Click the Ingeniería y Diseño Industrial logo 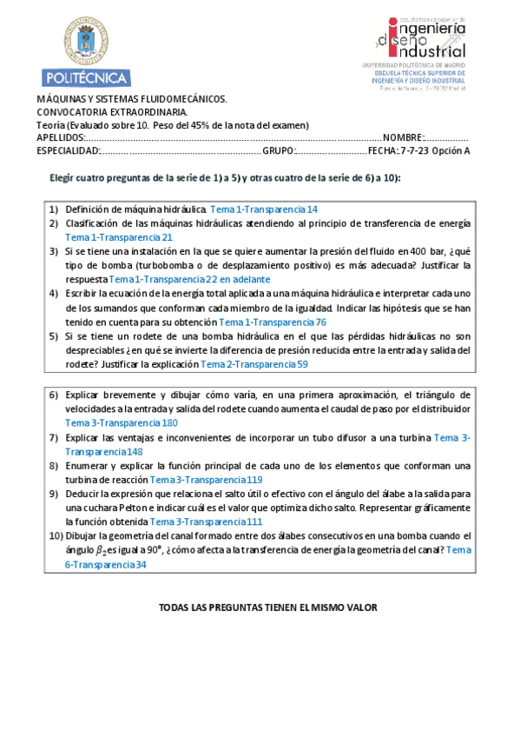tap(421, 47)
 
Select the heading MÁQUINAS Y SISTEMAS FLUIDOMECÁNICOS tap(132, 100)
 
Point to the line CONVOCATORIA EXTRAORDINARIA tap(111, 113)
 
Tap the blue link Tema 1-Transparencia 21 tap(119, 236)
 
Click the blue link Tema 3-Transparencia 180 tap(122, 422)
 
